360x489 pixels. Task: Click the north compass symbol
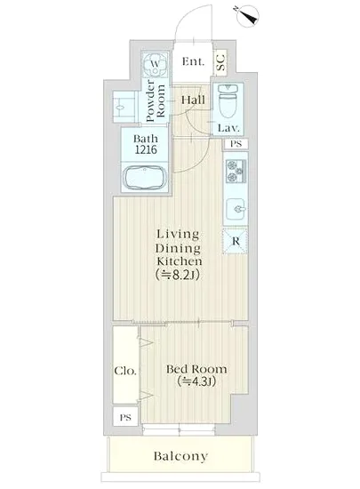[x=248, y=15]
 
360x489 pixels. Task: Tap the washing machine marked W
[x=155, y=65]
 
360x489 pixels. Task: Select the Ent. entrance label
[x=193, y=61]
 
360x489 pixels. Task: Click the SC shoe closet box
[x=220, y=62]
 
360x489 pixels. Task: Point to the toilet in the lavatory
[x=228, y=101]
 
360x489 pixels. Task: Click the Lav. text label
[x=228, y=128]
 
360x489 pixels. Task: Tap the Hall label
[x=193, y=100]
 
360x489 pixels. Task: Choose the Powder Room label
[x=156, y=100]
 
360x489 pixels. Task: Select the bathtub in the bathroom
[x=145, y=179]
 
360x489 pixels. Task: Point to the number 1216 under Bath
[x=146, y=150]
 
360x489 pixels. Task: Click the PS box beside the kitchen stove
[x=236, y=144]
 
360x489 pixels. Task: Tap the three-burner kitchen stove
[x=236, y=171]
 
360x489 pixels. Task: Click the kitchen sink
[x=236, y=209]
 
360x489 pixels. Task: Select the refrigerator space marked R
[x=236, y=241]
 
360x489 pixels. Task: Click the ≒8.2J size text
[x=178, y=275]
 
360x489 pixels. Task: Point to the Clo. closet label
[x=125, y=371]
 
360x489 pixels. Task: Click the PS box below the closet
[x=125, y=417]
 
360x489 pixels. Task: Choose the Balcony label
[x=180, y=457]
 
